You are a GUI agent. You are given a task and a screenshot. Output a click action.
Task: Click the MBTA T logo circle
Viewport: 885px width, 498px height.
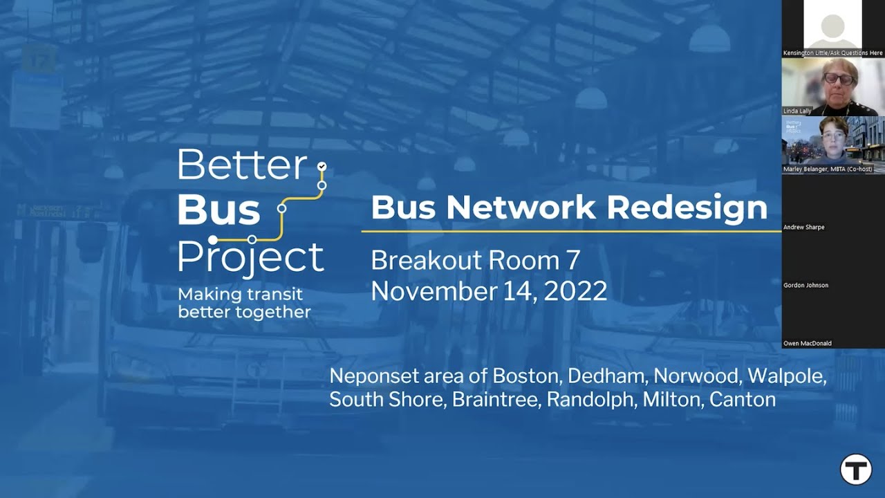point(856,470)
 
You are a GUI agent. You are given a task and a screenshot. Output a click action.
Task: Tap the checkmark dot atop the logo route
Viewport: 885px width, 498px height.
point(322,167)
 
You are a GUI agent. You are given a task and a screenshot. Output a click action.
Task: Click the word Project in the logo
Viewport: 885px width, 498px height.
point(250,257)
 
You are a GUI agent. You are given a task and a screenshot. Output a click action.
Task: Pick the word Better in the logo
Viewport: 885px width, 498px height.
point(242,165)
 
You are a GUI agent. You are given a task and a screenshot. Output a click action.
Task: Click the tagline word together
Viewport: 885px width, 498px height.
point(274,312)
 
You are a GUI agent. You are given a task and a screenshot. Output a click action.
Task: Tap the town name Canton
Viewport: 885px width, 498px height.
point(743,400)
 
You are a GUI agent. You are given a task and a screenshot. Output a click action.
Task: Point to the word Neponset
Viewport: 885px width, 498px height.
point(374,377)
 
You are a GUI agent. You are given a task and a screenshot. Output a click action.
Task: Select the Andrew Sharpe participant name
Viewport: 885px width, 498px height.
point(804,227)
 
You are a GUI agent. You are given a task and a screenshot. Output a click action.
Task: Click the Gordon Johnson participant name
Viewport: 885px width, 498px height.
point(805,285)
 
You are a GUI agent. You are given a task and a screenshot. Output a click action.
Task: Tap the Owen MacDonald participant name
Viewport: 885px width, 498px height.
point(808,343)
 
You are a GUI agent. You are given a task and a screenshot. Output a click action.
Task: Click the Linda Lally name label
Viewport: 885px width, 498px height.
point(797,111)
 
